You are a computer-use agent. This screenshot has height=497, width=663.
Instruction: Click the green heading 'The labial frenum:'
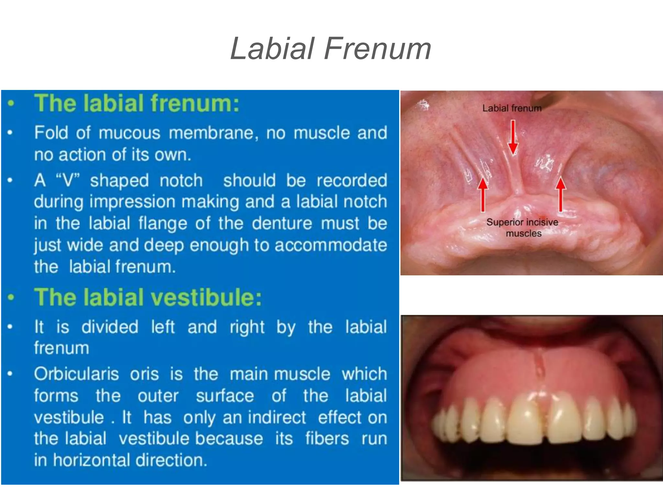click(x=137, y=103)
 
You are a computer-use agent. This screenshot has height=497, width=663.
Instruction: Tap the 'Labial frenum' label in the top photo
click(x=512, y=108)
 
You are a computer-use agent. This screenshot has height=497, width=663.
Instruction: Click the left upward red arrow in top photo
click(x=483, y=194)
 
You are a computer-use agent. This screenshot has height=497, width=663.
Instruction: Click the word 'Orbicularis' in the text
click(x=76, y=374)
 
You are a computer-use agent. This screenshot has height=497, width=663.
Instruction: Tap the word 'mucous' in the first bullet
click(x=129, y=133)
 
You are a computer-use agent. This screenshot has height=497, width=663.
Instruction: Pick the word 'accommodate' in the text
click(x=331, y=245)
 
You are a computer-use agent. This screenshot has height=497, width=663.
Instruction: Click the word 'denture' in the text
click(x=282, y=223)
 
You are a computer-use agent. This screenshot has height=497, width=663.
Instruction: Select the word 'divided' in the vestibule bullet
click(x=110, y=327)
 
